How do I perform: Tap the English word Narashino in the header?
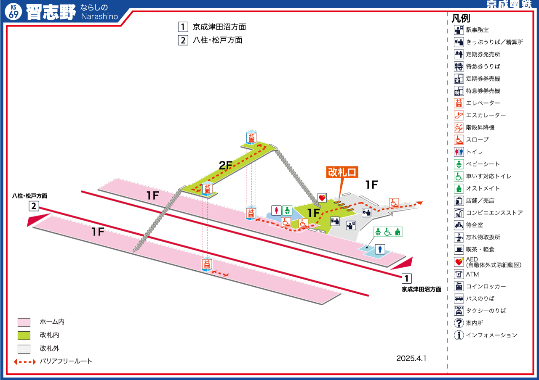click(100, 16)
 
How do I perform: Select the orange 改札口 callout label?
click(342, 172)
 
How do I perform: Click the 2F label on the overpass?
click(225, 165)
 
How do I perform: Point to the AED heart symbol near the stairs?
click(322, 198)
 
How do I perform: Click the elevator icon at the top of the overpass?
click(251, 137)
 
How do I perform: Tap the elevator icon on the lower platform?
click(207, 264)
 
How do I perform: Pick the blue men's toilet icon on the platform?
click(380, 249)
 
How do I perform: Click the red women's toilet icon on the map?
click(276, 211)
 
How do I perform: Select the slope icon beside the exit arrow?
click(394, 203)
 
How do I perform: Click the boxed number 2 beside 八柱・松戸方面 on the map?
click(34, 206)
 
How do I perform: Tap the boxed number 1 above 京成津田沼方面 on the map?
click(406, 278)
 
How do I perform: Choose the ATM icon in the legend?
click(459, 274)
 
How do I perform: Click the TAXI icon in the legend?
click(459, 311)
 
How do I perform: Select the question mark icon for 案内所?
click(459, 323)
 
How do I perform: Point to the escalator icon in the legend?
click(459, 115)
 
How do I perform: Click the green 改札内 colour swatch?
click(24, 335)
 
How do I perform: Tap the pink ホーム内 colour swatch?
click(24, 322)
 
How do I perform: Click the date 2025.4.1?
click(411, 359)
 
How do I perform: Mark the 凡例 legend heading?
click(461, 18)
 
